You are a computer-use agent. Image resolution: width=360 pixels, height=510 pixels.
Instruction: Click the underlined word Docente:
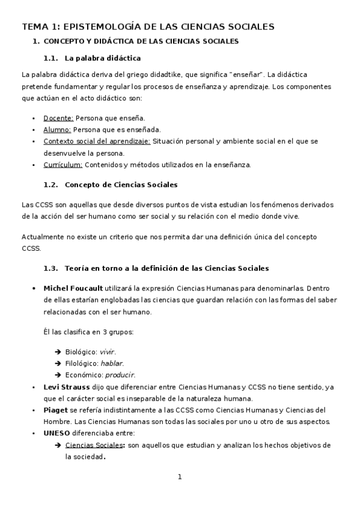point(58,118)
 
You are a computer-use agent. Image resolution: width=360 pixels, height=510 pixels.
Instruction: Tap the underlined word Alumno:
point(57,129)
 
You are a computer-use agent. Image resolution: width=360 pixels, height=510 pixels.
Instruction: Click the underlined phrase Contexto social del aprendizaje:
point(97,141)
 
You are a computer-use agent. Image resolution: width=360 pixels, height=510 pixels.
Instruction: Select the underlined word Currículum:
point(63,164)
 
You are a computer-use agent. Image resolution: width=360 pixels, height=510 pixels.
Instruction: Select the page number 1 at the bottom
point(179,477)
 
